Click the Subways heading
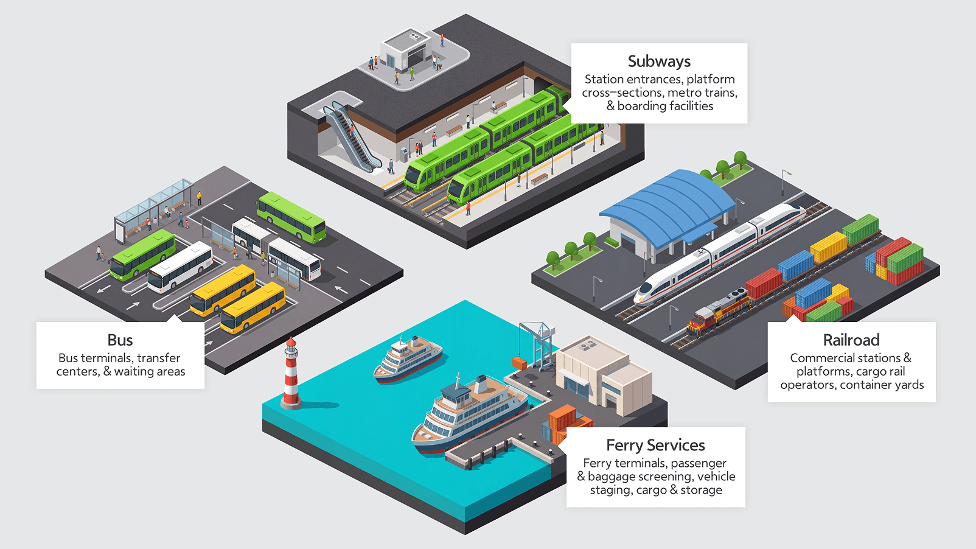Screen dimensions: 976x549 (659, 61)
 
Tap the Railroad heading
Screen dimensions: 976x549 (851, 340)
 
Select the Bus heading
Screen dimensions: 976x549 (120, 340)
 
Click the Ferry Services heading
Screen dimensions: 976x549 (655, 445)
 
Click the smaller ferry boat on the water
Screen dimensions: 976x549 (408, 360)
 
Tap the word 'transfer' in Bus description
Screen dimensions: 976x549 (159, 358)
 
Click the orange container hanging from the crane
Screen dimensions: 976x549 (520, 363)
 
